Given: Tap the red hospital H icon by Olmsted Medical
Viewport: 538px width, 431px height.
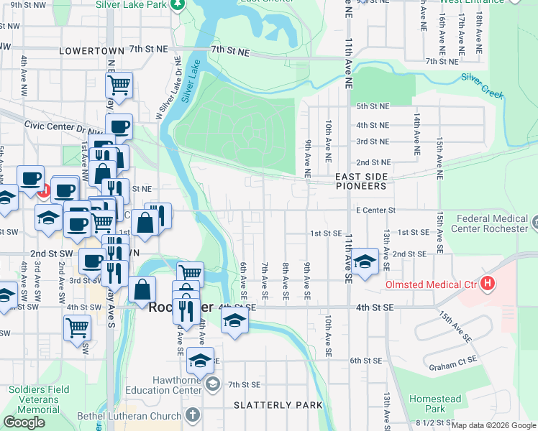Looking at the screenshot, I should tap(488, 284).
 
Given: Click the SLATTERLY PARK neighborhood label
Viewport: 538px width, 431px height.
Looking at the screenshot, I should tap(278, 405).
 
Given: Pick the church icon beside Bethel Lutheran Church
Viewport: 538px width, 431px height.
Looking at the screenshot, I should tap(192, 415).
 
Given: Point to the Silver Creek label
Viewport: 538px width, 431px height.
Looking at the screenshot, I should tap(484, 85).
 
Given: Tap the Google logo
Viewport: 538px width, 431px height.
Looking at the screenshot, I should tap(24, 422).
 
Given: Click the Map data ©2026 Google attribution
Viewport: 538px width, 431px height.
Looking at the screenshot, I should tap(493, 425).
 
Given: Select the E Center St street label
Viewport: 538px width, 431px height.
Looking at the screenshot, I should tap(376, 210).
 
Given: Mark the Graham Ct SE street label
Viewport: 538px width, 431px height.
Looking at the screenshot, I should tap(454, 366).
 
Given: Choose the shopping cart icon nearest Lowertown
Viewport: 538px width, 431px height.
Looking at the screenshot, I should tap(119, 86).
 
